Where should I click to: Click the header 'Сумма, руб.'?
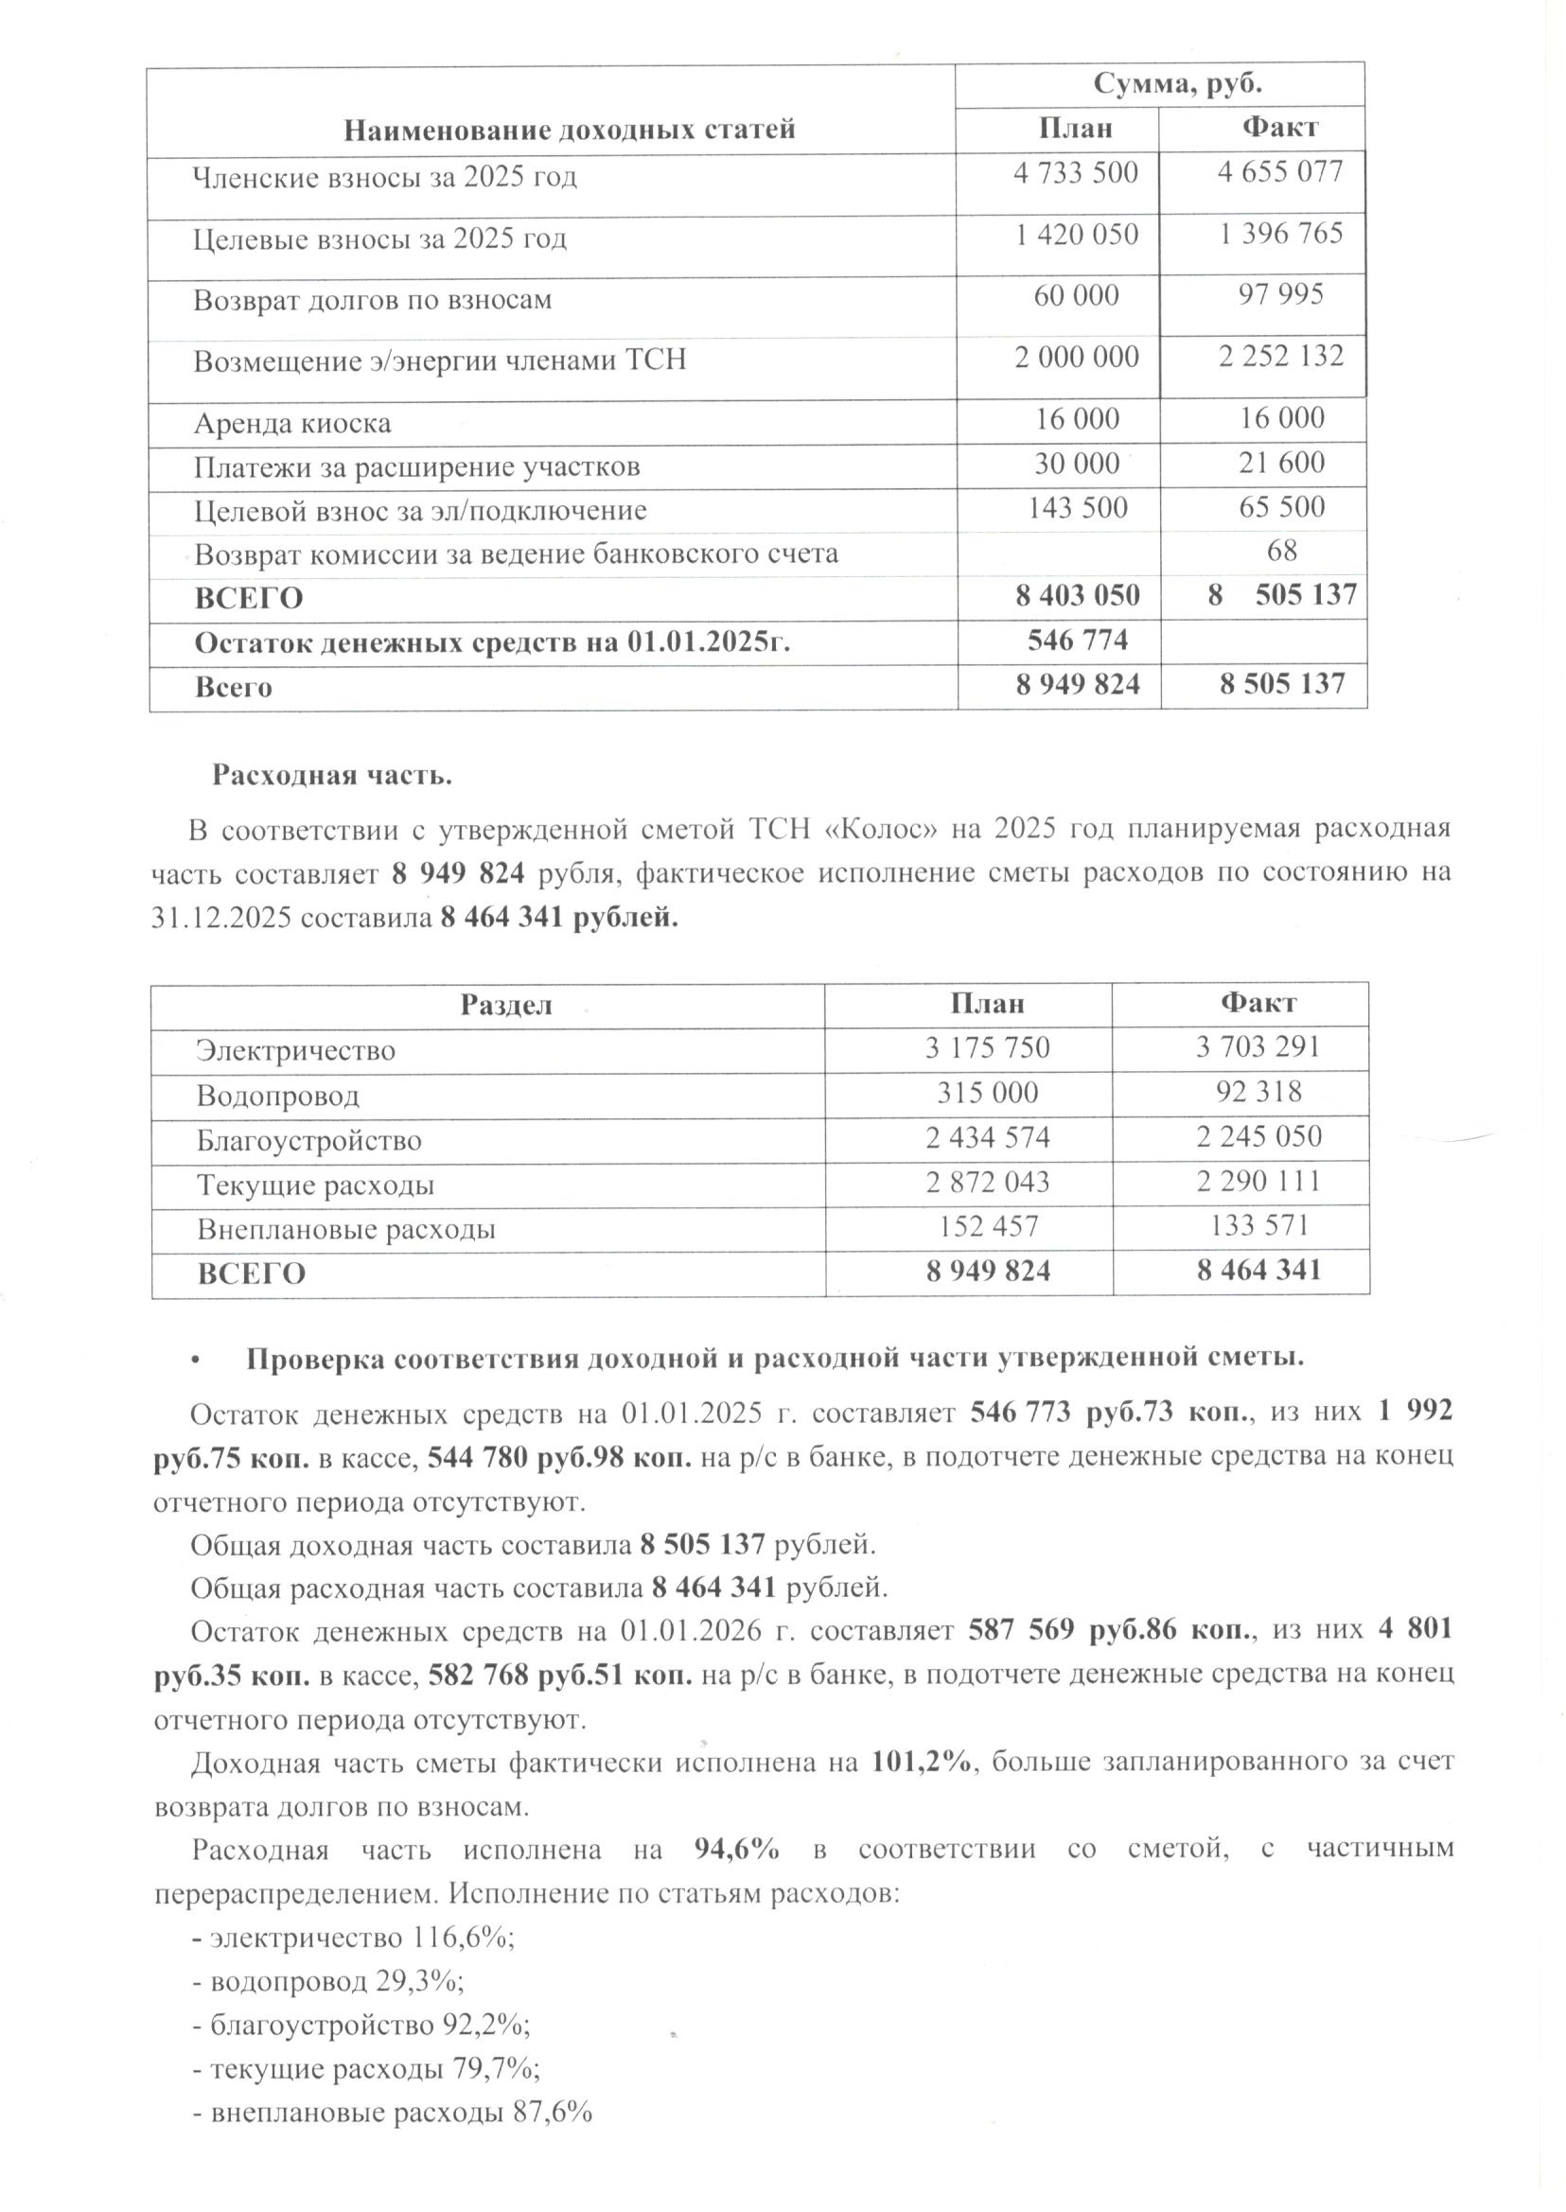[1177, 84]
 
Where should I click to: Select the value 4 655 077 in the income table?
[1279, 172]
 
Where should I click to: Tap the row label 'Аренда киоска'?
[292, 423]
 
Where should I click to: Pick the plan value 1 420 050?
[1076, 235]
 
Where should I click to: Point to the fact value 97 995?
[1280, 295]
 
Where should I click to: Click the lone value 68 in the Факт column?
[1282, 551]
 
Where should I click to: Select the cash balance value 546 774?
[1077, 640]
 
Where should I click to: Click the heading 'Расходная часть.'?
[332, 775]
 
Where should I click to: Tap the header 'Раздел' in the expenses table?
[506, 1005]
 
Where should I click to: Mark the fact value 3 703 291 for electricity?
[1258, 1047]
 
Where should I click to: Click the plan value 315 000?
[988, 1093]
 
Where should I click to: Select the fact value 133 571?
[1258, 1225]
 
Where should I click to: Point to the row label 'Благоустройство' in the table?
[308, 1141]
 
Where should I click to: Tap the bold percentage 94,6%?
[737, 1849]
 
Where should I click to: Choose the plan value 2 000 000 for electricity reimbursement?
[1076, 357]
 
